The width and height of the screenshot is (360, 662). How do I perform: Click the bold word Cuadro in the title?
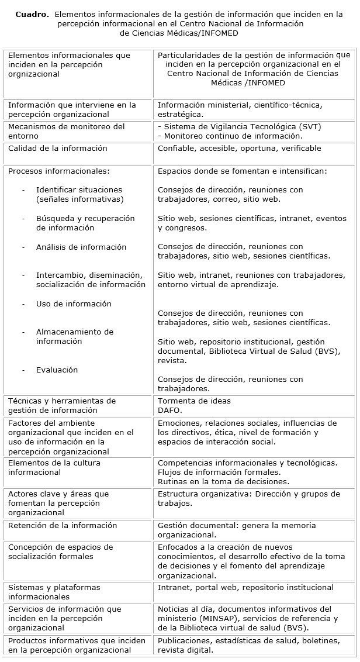point(32,15)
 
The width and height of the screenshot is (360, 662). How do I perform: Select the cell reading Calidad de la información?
point(57,149)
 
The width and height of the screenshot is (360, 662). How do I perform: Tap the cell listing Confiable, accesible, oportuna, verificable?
point(239,149)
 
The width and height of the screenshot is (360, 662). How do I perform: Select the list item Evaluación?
point(57,370)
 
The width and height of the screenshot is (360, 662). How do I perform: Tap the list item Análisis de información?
point(81,247)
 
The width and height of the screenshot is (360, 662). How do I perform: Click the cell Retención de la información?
point(63,526)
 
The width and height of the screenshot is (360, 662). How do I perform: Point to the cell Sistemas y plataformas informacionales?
point(54,592)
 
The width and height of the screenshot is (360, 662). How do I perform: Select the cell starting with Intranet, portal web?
point(245,588)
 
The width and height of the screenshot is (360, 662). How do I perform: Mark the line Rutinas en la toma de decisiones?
point(223,482)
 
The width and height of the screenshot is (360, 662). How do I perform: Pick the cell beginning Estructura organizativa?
point(248,498)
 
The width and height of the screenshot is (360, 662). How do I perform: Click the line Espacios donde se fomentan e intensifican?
point(242,172)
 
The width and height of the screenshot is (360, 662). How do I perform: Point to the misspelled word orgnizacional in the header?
point(34,74)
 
